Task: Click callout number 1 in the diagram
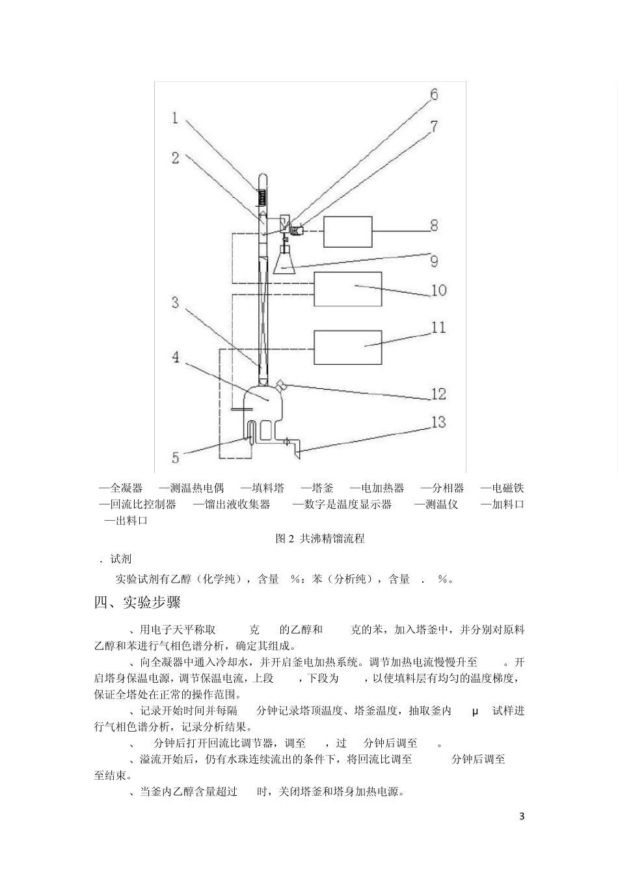175,118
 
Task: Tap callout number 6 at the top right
433,94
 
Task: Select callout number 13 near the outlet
438,423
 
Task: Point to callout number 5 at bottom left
175,458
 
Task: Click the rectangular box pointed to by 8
347,232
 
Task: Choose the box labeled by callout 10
347,289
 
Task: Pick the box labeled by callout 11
347,347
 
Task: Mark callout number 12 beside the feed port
438,394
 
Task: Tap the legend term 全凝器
126,488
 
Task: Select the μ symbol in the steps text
475,711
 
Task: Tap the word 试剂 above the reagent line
122,559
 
